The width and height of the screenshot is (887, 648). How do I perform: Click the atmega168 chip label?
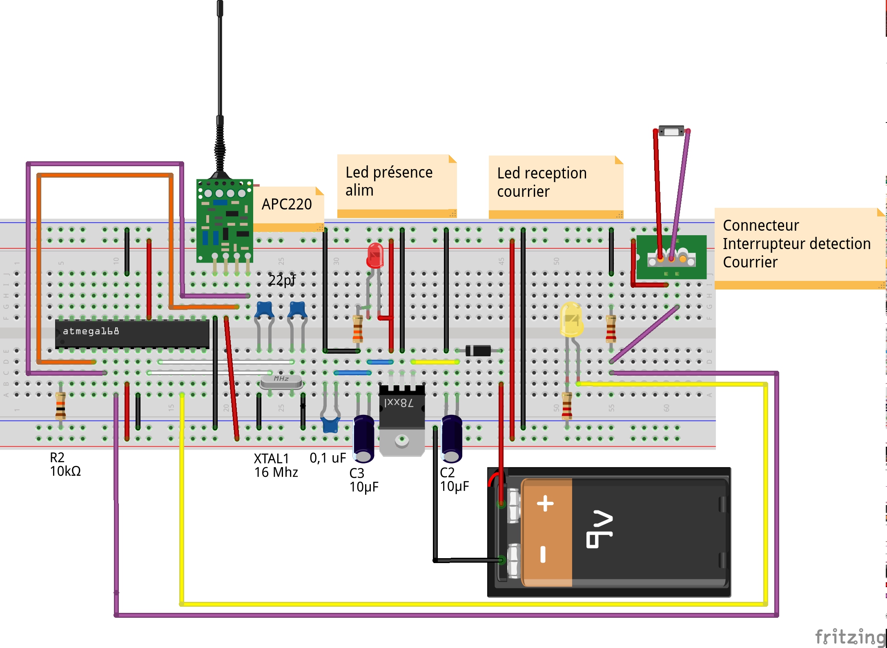coord(91,331)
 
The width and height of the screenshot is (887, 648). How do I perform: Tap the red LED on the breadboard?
coord(375,256)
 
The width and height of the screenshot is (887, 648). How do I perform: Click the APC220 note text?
coord(287,204)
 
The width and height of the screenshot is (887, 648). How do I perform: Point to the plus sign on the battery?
coord(545,503)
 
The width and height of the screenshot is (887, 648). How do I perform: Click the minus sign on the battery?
coord(543,554)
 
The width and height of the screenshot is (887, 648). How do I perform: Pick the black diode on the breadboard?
coord(478,350)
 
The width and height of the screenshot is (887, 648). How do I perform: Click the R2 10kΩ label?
coord(65,464)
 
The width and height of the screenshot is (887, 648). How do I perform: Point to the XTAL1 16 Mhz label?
coord(276,465)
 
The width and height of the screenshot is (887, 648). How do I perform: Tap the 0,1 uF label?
coord(328,458)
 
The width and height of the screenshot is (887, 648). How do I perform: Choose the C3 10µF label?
coord(363,480)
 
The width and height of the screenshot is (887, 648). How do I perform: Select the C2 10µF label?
coord(454,479)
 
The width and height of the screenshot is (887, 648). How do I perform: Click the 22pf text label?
coord(282,280)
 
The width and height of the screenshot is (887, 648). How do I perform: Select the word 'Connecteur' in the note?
coord(760,225)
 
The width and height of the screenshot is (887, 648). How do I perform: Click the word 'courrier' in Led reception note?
coord(523,192)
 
